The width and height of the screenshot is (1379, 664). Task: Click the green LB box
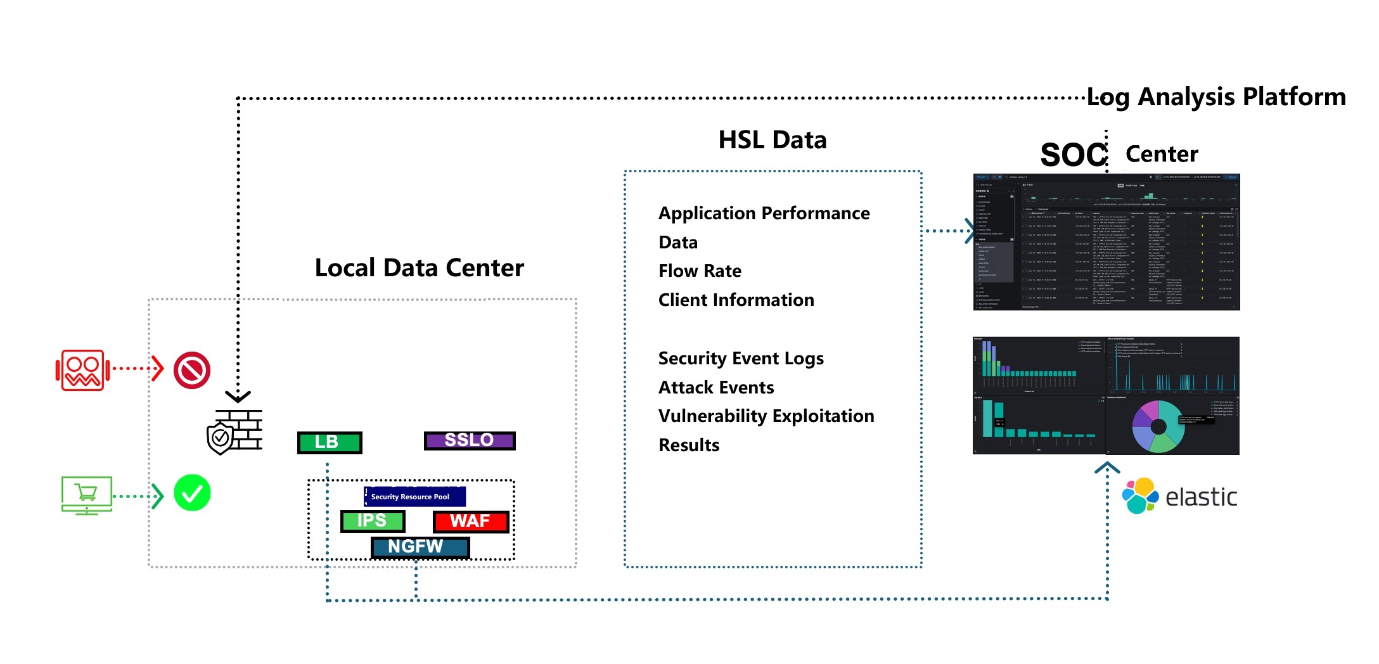coord(330,442)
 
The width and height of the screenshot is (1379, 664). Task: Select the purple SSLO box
coord(470,440)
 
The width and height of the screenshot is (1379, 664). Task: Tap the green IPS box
coord(373,521)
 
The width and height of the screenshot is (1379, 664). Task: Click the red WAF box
coord(471,521)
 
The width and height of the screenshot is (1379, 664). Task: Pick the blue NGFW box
coord(420,547)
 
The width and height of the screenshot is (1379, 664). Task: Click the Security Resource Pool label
coord(414,497)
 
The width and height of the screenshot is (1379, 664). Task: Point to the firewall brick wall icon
coord(236,431)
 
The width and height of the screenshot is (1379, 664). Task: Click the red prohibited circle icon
coord(192,370)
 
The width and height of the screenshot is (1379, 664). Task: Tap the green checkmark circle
coord(192,493)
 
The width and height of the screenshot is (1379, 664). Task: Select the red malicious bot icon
coord(82,369)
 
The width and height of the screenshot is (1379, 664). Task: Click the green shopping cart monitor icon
coord(87,495)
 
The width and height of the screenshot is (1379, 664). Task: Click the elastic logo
coord(1179,496)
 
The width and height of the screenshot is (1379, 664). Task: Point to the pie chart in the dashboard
coord(1158,426)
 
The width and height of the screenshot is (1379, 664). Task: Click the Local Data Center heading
coord(420,268)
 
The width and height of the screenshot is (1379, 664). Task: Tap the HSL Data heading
coord(773,140)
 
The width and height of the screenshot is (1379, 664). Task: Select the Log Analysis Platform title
coord(1216,97)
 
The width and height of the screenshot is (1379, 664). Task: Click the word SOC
coord(1073,155)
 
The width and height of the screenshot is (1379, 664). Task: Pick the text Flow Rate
coord(700,271)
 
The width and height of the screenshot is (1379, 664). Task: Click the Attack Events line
coord(716,387)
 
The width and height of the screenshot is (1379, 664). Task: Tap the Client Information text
coord(736,300)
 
